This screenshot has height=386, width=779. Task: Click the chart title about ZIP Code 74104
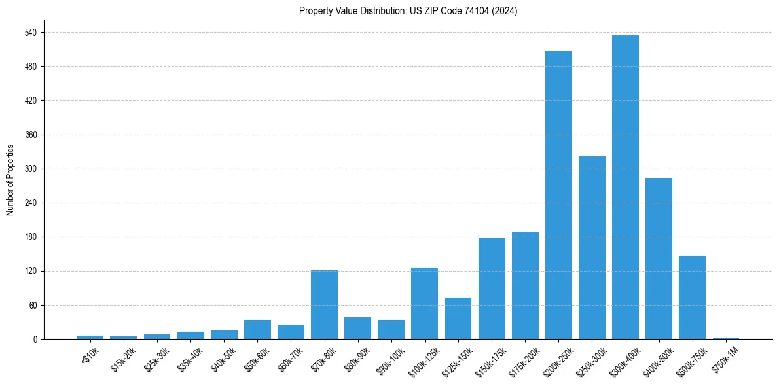point(408,11)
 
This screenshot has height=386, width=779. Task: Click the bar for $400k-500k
point(659,258)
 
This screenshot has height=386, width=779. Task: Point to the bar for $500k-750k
point(692,297)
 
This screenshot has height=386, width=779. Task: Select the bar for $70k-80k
point(324,304)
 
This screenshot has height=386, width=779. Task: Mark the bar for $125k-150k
point(458,318)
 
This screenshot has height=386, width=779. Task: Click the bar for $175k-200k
point(525,285)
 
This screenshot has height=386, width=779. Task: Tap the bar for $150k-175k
point(492,289)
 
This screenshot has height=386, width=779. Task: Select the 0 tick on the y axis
point(35,339)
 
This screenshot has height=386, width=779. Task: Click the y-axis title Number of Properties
point(10,180)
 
